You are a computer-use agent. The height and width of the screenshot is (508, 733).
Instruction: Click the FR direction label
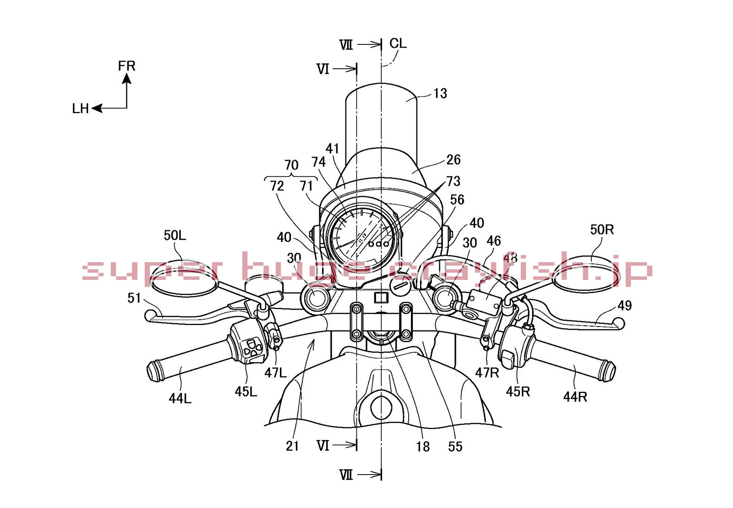(x=126, y=66)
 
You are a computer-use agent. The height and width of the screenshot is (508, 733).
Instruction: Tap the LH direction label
(x=81, y=109)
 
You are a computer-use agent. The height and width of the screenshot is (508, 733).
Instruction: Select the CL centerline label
(x=398, y=43)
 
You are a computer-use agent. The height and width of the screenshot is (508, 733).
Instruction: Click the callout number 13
(x=440, y=93)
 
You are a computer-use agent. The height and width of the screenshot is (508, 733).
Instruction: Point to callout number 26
(x=454, y=159)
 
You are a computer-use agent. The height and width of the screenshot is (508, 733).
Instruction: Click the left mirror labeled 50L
(x=184, y=278)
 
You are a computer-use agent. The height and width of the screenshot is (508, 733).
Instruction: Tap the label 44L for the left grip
(x=180, y=399)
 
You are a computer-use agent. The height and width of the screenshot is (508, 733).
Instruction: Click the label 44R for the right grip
(x=575, y=397)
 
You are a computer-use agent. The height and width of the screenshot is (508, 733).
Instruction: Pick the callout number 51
(x=134, y=298)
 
